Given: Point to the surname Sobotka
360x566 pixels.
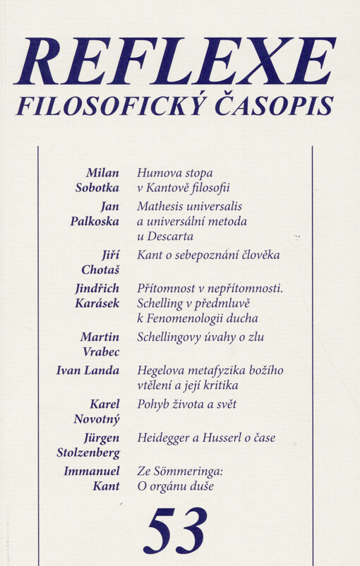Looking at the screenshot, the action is tap(97, 188).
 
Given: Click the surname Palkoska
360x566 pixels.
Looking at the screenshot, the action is tap(95, 221).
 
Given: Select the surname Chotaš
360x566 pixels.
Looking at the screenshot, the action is tap(100, 270).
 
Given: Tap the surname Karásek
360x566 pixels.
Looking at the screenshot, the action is tap(96, 303).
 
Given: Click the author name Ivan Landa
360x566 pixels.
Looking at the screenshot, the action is tap(88, 371).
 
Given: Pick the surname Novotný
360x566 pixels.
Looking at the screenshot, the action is tap(95, 420).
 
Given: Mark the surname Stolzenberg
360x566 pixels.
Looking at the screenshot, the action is tap(88, 453).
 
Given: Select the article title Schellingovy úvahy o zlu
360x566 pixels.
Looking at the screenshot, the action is tap(200, 337).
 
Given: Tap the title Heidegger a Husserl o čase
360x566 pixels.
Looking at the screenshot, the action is tap(206, 438).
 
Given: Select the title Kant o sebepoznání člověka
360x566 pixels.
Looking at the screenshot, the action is tap(208, 255).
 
